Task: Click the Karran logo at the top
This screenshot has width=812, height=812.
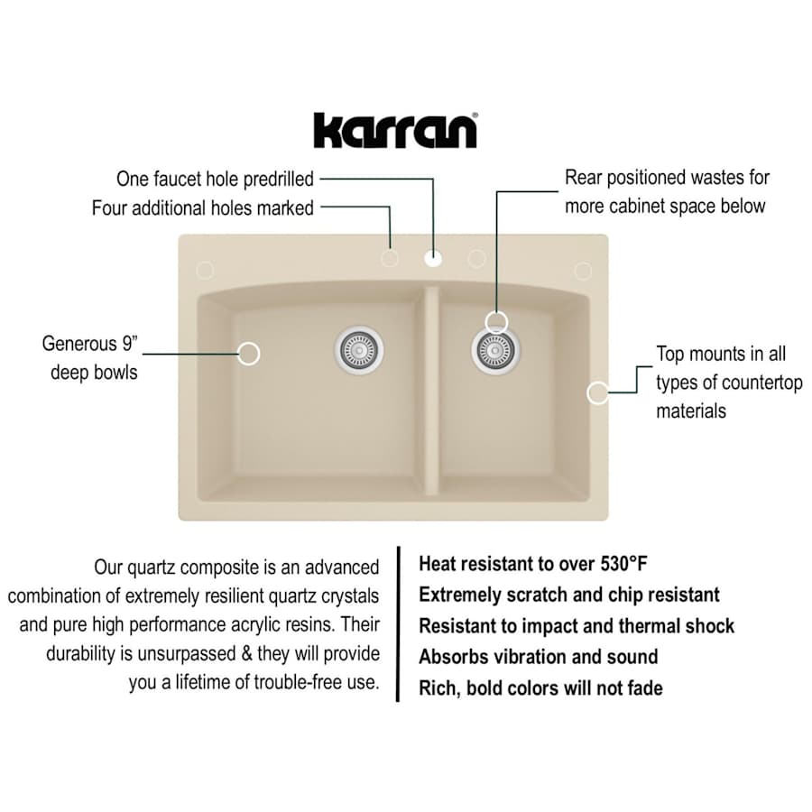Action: [395, 130]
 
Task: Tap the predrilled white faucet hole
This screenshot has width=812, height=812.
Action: [433, 259]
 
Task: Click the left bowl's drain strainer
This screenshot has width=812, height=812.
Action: [360, 347]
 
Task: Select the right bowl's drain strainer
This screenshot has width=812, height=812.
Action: [494, 348]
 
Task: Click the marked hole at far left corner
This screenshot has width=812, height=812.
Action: [205, 270]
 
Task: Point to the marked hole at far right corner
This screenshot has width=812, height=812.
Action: [583, 271]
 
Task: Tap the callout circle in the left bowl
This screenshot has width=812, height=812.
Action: [249, 354]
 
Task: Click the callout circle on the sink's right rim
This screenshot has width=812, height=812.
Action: [597, 392]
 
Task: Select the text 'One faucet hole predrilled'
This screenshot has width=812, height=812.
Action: [215, 178]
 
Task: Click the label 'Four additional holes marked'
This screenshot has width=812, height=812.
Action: [203, 208]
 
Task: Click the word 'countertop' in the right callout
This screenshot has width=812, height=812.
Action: [758, 383]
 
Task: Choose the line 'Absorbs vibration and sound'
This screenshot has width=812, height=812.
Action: [538, 657]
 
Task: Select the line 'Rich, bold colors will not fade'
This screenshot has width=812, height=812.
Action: [540, 688]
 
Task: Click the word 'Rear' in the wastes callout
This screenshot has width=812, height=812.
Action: [583, 178]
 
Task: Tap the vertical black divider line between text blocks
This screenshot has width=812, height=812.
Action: [398, 623]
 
